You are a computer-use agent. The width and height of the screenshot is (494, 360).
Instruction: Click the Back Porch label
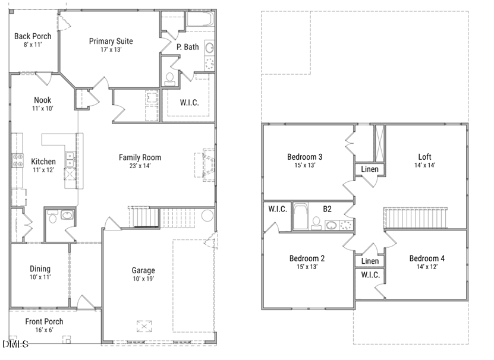[x=33, y=36]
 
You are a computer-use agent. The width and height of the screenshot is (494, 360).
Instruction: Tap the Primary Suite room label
[x=111, y=41]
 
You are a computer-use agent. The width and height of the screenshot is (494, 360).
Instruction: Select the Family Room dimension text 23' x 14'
[x=140, y=166]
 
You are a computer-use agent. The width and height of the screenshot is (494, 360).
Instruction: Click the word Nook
[x=42, y=100]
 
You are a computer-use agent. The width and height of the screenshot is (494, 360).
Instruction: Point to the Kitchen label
[x=43, y=162]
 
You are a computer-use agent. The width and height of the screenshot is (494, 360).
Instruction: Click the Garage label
[x=143, y=270]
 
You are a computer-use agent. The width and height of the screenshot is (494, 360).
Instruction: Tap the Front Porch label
[x=44, y=321]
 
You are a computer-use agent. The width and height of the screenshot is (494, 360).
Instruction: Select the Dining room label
[x=40, y=269]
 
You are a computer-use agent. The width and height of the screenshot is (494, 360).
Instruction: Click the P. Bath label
[x=187, y=47]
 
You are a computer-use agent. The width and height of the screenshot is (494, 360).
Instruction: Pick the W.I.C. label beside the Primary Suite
[x=189, y=103]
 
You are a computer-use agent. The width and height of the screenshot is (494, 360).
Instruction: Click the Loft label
[x=424, y=157]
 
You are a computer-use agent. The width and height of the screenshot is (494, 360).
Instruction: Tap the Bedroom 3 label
[x=304, y=157]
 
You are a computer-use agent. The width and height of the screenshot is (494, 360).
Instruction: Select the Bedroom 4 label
[x=426, y=258]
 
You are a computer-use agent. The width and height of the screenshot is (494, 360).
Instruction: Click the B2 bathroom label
[x=327, y=209]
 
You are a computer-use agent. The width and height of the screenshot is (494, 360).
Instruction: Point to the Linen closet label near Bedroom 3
[x=370, y=170]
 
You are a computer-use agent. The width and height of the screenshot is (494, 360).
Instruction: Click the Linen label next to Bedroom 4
[x=370, y=261]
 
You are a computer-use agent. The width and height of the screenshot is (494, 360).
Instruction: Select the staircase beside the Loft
[x=416, y=217]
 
